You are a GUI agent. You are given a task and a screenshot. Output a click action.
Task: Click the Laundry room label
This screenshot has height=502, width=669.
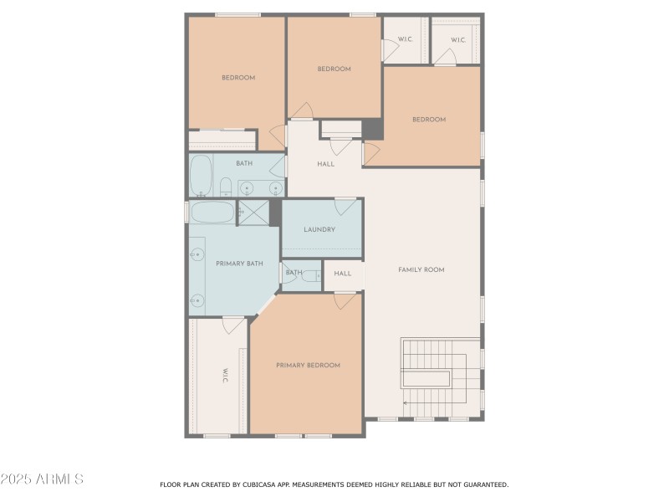[319, 230]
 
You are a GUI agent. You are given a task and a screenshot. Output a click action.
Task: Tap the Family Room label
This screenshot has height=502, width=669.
[421, 269]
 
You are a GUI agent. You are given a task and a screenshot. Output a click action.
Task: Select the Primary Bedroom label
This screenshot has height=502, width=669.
[308, 366]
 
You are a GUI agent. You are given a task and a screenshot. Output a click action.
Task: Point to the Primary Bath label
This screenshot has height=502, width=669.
[239, 264]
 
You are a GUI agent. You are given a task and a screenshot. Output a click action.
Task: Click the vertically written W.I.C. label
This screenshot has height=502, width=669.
[225, 376]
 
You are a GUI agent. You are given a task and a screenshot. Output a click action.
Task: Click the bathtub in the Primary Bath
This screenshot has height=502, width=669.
[212, 212]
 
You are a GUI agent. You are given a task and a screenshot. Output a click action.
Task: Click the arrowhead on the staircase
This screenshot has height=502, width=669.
[406, 403]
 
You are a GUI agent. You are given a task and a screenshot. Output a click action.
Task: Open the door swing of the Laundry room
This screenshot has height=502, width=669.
[345, 206]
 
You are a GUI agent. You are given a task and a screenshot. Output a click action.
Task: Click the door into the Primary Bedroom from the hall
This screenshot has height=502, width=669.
[345, 300]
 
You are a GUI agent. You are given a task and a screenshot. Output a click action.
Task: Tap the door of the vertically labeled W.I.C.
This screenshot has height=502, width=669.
[234, 325]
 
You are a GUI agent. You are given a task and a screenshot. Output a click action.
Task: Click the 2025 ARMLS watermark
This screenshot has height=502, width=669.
[42, 479]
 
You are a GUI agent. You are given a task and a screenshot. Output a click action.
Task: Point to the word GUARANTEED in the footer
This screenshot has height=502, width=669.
[484, 484]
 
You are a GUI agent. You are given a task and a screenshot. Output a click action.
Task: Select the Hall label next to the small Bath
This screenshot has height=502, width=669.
[343, 274]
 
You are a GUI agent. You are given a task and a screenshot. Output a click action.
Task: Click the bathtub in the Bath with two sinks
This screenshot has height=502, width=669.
[201, 176]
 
